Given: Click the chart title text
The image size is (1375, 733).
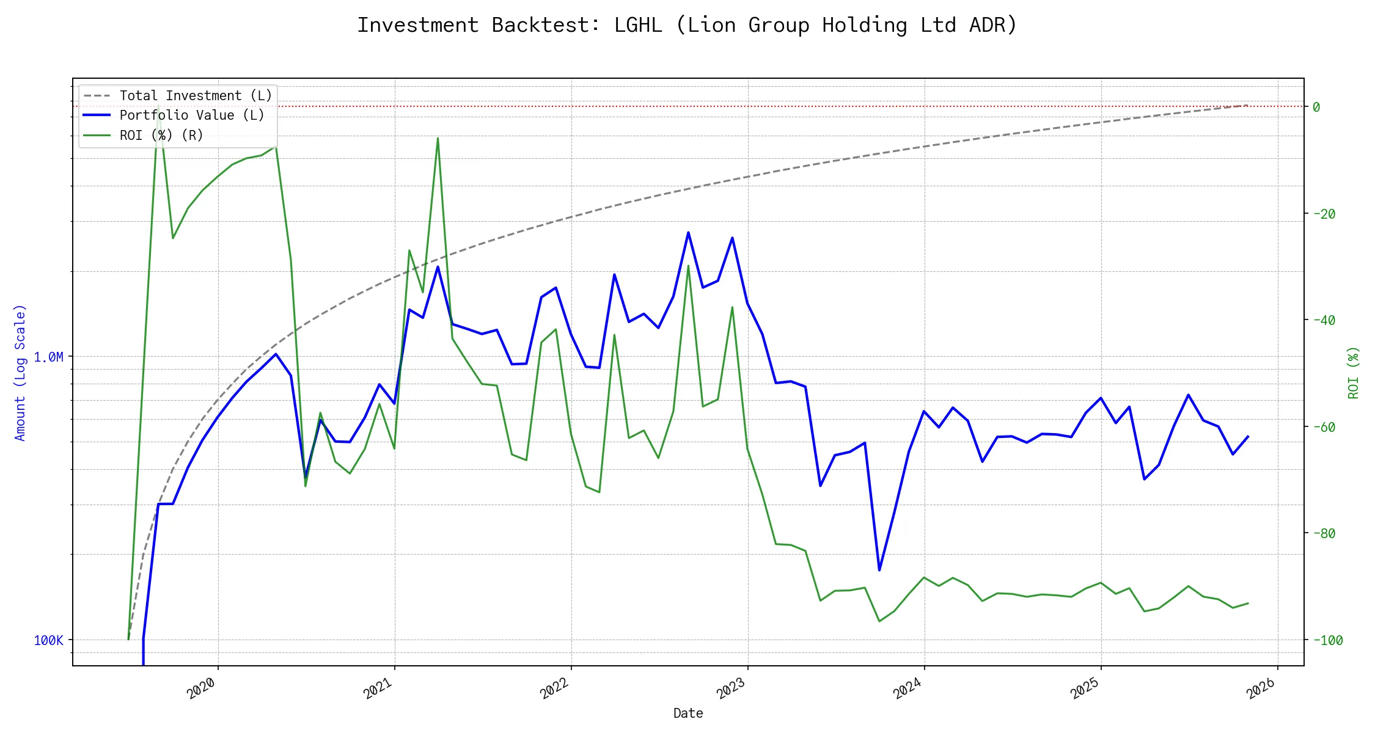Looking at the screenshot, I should pyautogui.click(x=687, y=25).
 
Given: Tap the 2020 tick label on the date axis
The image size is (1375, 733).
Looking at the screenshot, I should pyautogui.click(x=202, y=688).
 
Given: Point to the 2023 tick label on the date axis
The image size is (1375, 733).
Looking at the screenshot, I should pyautogui.click(x=731, y=688).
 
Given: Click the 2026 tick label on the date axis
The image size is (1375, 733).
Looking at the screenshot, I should pyautogui.click(x=1261, y=688).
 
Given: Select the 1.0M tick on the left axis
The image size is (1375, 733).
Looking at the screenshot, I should pyautogui.click(x=48, y=357).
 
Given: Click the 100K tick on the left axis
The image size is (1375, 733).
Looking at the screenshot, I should pyautogui.click(x=48, y=640).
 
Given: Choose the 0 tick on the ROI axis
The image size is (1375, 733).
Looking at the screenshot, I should pyautogui.click(x=1316, y=107).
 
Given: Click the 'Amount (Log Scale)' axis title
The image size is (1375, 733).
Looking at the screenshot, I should pyautogui.click(x=20, y=373).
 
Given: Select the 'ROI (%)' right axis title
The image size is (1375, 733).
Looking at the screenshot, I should pyautogui.click(x=1354, y=373).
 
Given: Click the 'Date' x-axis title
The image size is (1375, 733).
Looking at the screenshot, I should pyautogui.click(x=688, y=713).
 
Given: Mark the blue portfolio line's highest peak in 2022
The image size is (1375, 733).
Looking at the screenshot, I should pyautogui.click(x=688, y=233).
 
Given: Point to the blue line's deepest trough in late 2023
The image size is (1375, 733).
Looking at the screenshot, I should pyautogui.click(x=879, y=570).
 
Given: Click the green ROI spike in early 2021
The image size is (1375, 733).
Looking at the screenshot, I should pyautogui.click(x=438, y=138).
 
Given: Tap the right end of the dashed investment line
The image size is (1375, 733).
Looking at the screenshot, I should pyautogui.click(x=1247, y=105).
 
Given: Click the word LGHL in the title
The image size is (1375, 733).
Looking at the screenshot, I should pyautogui.click(x=638, y=25).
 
